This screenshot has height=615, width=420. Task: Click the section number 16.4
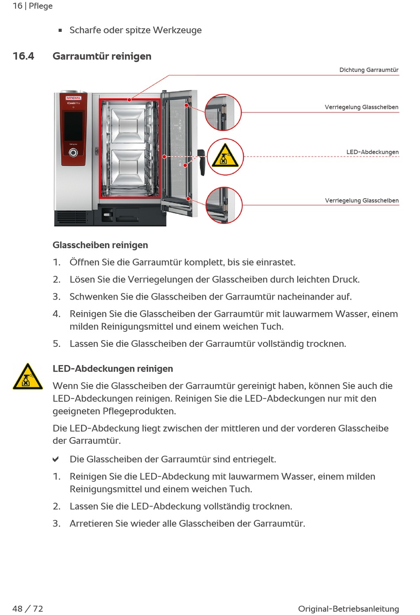(23, 56)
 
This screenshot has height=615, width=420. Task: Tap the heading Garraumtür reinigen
(102, 56)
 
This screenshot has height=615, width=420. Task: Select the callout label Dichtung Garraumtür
(369, 70)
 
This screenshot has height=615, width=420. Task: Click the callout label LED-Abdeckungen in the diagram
(372, 152)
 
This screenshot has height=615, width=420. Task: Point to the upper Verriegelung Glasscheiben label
(361, 107)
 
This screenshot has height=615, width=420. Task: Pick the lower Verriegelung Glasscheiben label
(362, 200)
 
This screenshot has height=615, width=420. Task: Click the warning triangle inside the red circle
(225, 156)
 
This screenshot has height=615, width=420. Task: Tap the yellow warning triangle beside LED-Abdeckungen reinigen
(27, 377)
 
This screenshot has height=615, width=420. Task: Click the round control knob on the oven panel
(73, 153)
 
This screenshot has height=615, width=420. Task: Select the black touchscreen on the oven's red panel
(73, 124)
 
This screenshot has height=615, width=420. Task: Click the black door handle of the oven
(201, 161)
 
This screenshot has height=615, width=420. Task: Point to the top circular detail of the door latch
(223, 112)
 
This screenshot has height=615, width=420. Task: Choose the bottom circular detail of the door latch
(224, 205)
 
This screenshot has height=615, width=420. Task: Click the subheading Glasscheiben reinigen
(100, 245)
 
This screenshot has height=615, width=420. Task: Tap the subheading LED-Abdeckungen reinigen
(113, 369)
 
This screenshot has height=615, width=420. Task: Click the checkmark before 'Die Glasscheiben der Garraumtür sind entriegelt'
(56, 459)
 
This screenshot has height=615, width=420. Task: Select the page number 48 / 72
(28, 609)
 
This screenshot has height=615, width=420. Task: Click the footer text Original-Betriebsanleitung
(348, 609)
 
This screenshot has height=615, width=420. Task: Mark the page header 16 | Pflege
(33, 6)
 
